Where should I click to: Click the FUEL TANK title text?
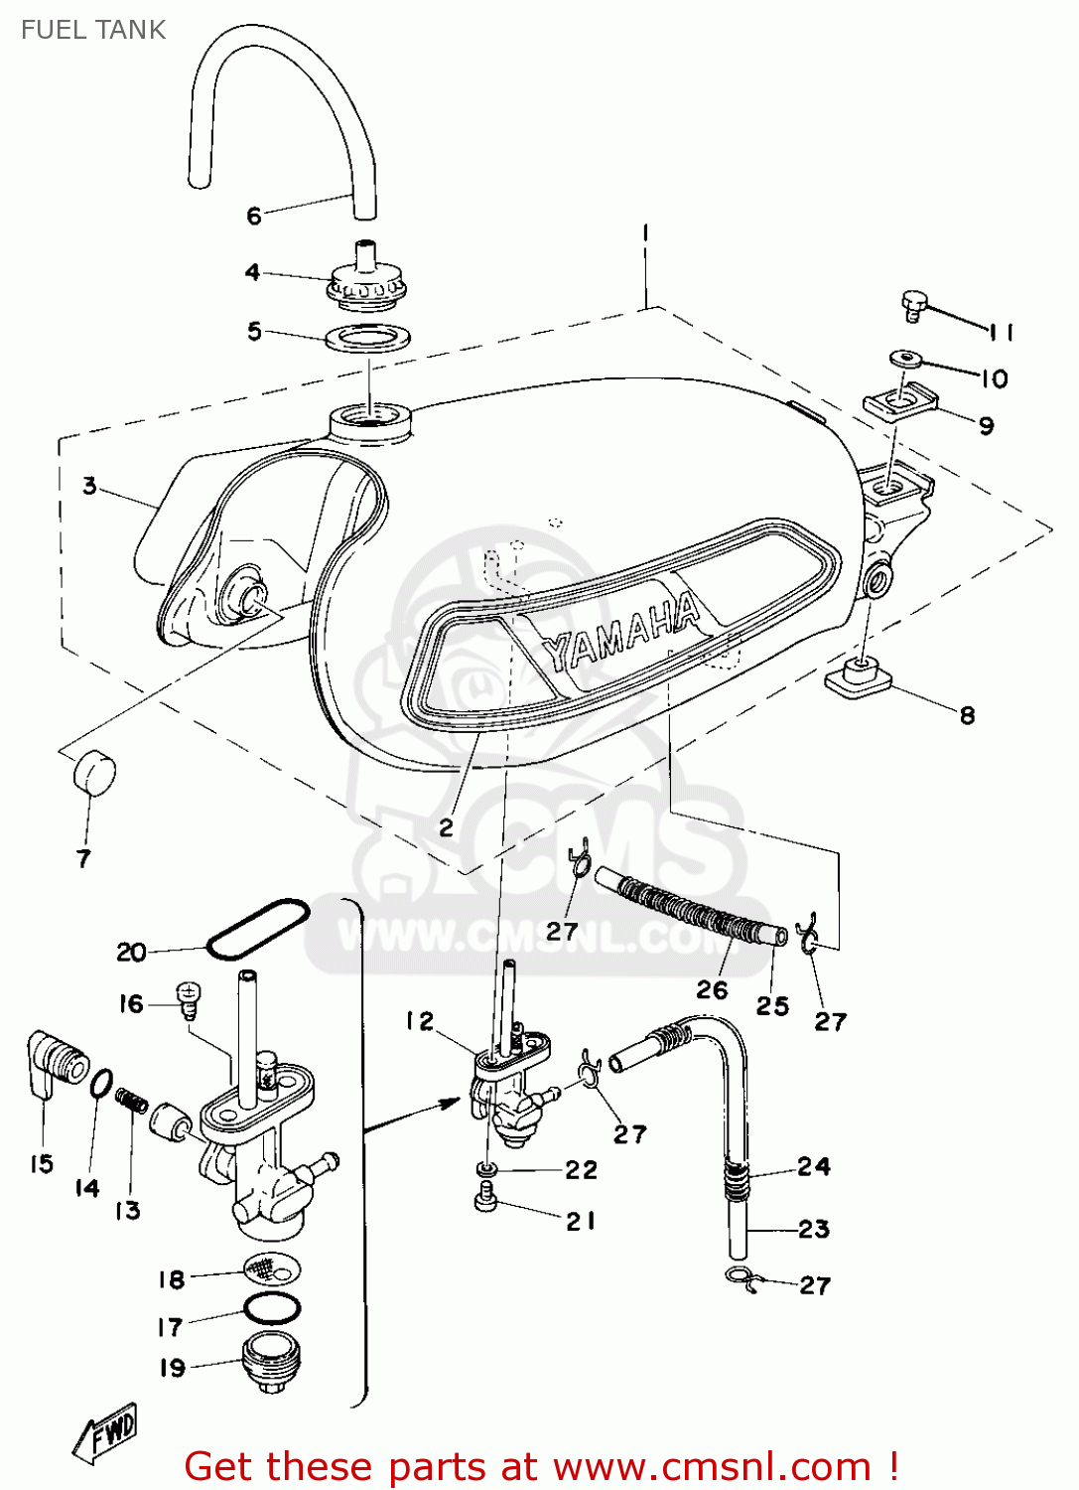tap(93, 30)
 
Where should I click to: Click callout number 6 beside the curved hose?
tap(254, 216)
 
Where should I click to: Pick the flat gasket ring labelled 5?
tap(367, 338)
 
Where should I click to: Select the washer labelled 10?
tap(904, 358)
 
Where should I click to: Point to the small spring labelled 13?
tap(132, 1101)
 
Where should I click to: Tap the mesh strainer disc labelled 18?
tap(272, 1268)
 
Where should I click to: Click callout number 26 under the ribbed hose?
tap(712, 989)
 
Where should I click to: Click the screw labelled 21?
tap(486, 1201)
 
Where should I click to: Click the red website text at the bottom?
tap(542, 1466)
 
